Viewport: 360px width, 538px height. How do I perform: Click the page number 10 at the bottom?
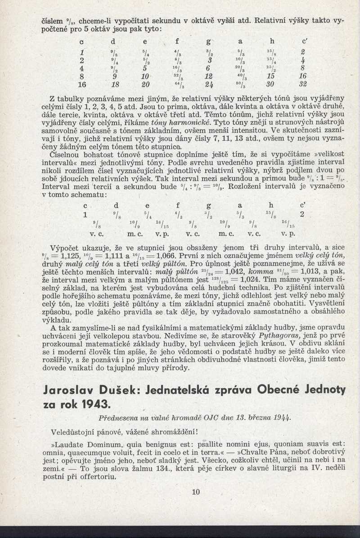pos(195,492)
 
